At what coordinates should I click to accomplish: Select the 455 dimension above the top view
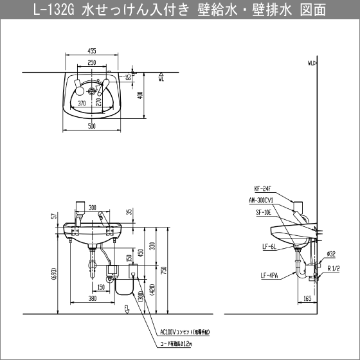tap(92, 50)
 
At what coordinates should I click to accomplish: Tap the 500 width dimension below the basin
tap(92, 127)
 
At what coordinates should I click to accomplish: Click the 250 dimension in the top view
tap(92, 63)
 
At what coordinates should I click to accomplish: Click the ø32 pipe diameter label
tap(330, 253)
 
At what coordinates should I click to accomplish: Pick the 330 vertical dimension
tap(151, 245)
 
